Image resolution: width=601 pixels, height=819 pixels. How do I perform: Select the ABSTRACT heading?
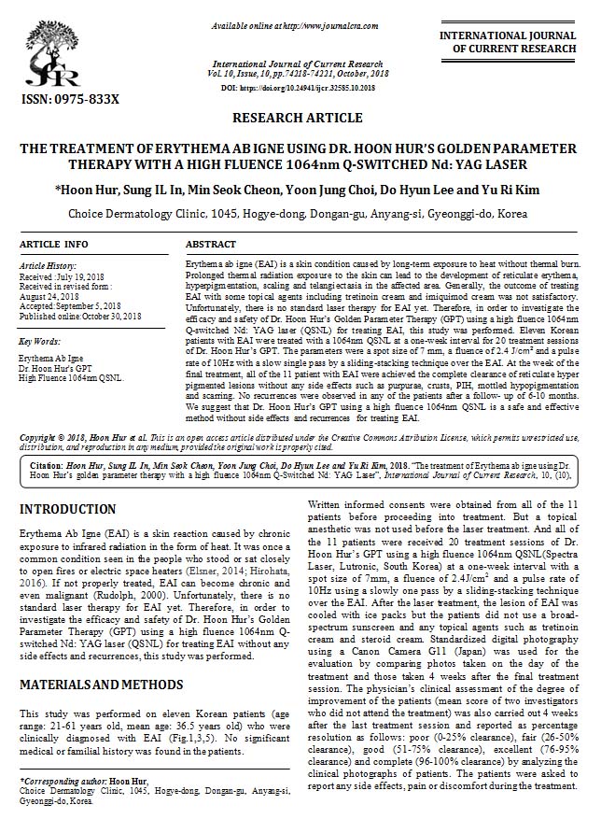pos(211,244)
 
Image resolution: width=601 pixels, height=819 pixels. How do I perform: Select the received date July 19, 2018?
pos(83,276)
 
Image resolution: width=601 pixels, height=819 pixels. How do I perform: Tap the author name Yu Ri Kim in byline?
pos(510,191)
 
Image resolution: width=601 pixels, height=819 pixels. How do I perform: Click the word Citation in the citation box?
pos(46,463)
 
